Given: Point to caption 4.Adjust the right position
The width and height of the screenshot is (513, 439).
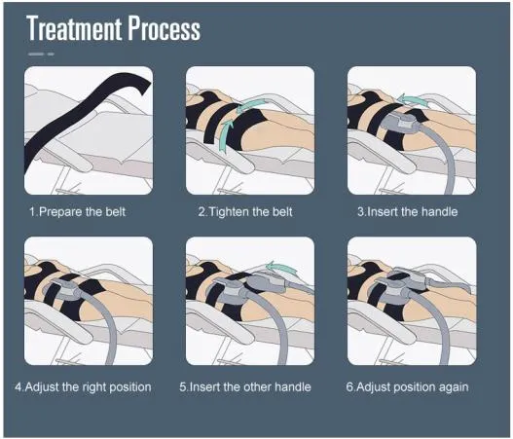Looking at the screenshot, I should [84, 386].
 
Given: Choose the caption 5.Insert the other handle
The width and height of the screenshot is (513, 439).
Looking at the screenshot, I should [245, 386].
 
